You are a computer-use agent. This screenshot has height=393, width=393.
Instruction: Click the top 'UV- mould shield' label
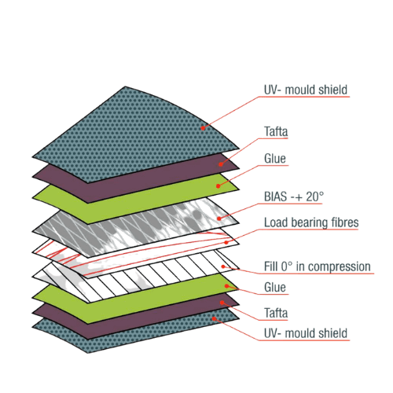[306, 90]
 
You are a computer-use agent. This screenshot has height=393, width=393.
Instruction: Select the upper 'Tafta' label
[276, 131]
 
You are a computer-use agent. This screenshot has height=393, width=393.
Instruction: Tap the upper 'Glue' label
[275, 159]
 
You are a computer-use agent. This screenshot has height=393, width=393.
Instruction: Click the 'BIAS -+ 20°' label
[294, 196]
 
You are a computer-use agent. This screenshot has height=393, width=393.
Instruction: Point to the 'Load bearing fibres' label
[311, 222]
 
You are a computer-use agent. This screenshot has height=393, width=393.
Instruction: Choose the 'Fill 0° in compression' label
[318, 266]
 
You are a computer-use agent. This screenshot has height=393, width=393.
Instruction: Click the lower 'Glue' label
[275, 288]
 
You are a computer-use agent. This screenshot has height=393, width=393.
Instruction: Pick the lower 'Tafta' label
[276, 313]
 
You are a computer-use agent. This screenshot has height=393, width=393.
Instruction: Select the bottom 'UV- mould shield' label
[306, 333]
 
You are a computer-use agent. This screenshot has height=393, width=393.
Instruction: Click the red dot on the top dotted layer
[203, 128]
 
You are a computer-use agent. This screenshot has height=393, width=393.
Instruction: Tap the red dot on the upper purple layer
[221, 164]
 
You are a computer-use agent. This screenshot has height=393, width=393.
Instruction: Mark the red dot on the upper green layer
[218, 186]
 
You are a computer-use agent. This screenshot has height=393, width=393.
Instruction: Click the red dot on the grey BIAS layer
[219, 219]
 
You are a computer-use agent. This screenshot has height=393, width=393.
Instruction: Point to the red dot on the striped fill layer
[223, 266]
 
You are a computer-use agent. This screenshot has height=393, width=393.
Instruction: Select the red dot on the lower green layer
[227, 286]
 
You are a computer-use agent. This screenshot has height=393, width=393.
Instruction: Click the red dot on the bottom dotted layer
[214, 318]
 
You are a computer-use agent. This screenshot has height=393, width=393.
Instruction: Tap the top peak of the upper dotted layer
[125, 86]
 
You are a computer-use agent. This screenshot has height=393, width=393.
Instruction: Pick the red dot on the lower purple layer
[222, 303]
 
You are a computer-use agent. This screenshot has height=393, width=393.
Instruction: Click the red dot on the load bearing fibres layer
[226, 242]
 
